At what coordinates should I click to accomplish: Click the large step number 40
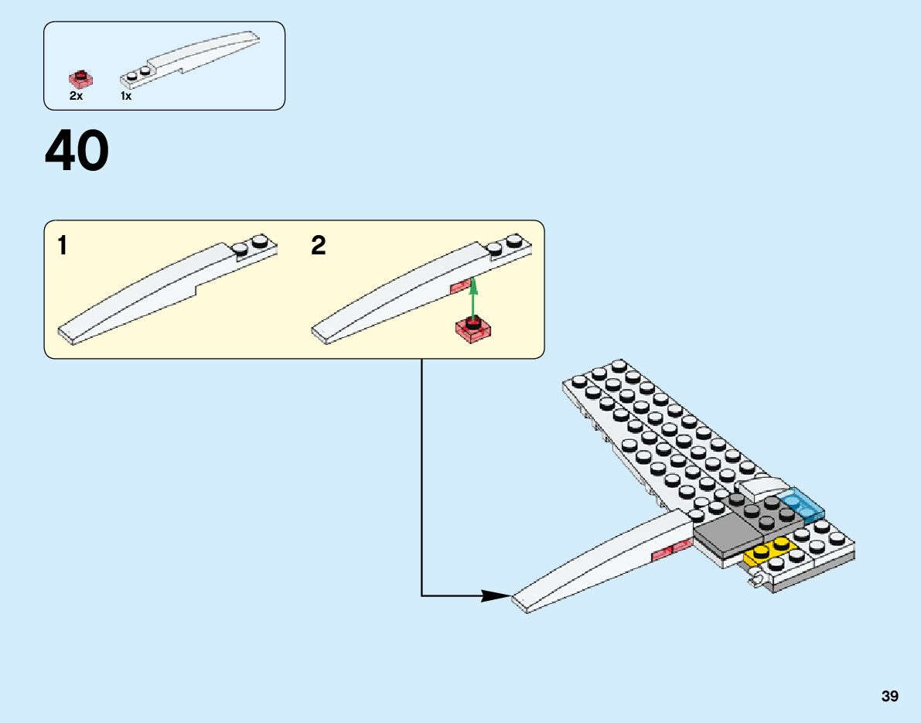click(77, 152)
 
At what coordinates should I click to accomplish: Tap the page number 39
click(889, 696)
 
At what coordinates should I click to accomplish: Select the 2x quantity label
click(76, 97)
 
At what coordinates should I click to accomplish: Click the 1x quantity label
click(126, 97)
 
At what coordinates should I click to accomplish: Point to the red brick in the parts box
click(80, 78)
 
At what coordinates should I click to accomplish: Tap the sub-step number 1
click(62, 247)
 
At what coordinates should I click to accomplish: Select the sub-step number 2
click(319, 247)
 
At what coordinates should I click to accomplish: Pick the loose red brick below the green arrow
click(474, 328)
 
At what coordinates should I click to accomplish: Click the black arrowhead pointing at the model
click(496, 595)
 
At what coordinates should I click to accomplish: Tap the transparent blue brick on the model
click(803, 506)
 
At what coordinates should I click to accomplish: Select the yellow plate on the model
click(769, 551)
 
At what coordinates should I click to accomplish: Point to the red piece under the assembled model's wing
click(672, 550)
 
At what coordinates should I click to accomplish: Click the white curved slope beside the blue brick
click(762, 488)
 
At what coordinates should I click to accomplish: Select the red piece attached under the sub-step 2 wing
click(461, 287)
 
